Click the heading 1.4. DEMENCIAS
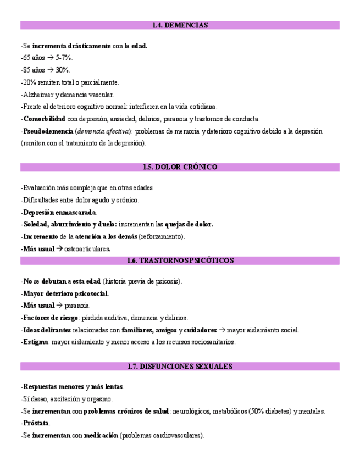point(180,25)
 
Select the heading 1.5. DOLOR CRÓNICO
point(180,167)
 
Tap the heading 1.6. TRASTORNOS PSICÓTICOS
point(180,260)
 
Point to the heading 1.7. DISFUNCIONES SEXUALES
point(180,366)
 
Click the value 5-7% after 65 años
point(64,58)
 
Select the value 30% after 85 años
point(63,70)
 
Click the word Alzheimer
point(36,95)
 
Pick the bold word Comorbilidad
point(45,119)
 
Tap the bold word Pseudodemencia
point(48,131)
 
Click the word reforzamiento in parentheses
point(162,237)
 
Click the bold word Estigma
point(36,342)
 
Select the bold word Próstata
point(36,423)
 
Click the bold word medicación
point(101,436)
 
